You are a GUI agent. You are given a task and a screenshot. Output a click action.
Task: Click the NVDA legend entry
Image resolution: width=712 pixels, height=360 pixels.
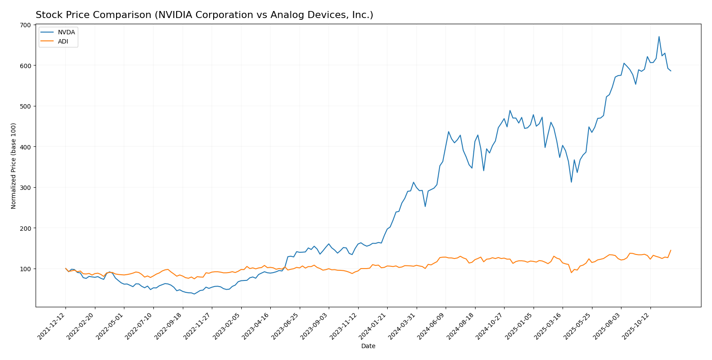[66, 33]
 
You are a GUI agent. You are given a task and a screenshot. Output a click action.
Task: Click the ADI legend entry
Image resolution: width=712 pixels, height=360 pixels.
[63, 42]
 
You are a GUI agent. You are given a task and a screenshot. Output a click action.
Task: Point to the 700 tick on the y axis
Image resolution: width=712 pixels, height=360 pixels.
[26, 25]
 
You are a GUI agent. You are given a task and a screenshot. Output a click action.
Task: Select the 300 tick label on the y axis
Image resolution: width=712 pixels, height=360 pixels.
[26, 188]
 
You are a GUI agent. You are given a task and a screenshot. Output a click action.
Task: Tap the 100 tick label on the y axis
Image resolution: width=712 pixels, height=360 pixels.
[26, 269]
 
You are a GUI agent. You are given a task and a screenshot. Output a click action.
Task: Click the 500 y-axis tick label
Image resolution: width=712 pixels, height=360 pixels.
[26, 106]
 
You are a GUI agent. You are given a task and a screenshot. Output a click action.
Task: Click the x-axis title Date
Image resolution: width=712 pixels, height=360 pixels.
[368, 346]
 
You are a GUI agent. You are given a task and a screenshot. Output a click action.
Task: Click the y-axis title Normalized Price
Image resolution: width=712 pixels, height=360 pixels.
[14, 166]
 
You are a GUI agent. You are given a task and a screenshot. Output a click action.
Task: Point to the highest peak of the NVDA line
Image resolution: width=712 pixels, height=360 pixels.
[659, 36]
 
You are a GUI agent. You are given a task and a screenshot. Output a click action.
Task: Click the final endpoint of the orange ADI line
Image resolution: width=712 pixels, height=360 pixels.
[671, 250]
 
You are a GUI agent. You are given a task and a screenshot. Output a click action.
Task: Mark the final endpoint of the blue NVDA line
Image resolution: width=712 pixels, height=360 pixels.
[671, 71]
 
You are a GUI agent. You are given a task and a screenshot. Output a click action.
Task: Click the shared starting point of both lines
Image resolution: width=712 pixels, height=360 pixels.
[65, 268]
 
